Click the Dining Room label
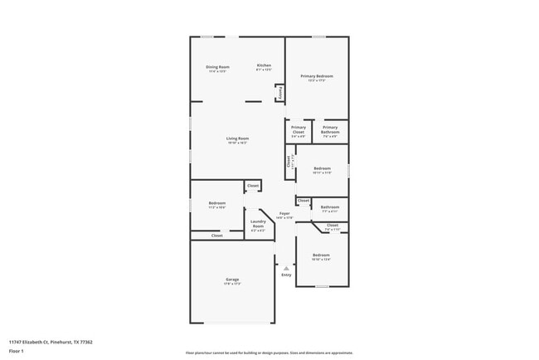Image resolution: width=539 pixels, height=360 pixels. pyautogui.click(x=218, y=66)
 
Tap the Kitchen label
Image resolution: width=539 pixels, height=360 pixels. pyautogui.click(x=264, y=66)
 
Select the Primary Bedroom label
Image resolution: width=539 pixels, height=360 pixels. pyautogui.click(x=317, y=75)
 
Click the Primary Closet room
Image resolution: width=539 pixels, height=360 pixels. pyautogui.click(x=299, y=129)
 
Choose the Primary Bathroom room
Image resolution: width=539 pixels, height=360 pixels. pyautogui.click(x=330, y=129)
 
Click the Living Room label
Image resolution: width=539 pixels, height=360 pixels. pyautogui.click(x=238, y=139)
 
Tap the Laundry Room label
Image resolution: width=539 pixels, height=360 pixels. pyautogui.click(x=258, y=224)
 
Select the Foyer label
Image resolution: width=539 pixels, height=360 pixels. pyautogui.click(x=284, y=214)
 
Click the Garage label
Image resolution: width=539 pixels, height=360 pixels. pyautogui.click(x=232, y=280)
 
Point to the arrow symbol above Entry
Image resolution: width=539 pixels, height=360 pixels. pyautogui.click(x=286, y=268)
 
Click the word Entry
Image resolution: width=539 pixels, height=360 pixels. pyautogui.click(x=286, y=275)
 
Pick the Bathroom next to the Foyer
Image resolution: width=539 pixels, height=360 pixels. pyautogui.click(x=330, y=207)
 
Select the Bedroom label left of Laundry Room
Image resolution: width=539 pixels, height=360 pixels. pyautogui.click(x=217, y=203)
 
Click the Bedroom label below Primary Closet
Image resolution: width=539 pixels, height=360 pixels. pyautogui.click(x=323, y=169)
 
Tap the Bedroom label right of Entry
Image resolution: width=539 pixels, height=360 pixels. pyautogui.click(x=321, y=255)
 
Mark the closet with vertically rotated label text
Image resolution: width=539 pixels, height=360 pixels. pyautogui.click(x=289, y=163)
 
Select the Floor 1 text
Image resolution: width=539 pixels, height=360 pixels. pyautogui.click(x=17, y=351)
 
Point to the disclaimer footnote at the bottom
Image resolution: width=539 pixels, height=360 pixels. pyautogui.click(x=269, y=353)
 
